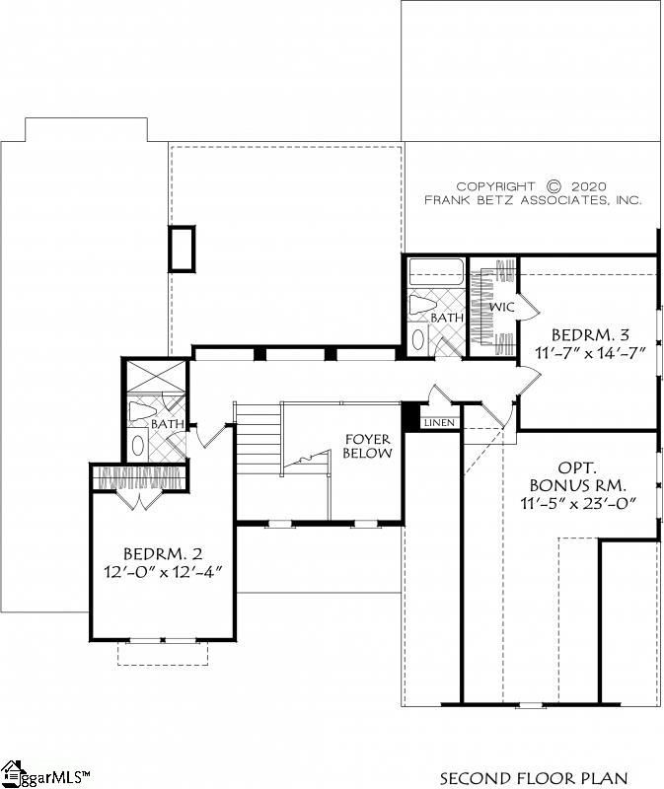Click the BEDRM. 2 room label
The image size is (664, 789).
164,552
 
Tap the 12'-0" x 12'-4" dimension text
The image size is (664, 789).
164,571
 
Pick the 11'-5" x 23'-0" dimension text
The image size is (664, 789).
578,504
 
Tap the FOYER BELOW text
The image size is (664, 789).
367,446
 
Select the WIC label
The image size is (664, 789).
502,307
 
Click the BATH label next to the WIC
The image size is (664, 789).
446,318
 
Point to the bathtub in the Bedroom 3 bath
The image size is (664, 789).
435,271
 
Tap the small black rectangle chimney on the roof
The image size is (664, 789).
183,249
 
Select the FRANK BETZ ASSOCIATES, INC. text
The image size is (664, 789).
533,199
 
